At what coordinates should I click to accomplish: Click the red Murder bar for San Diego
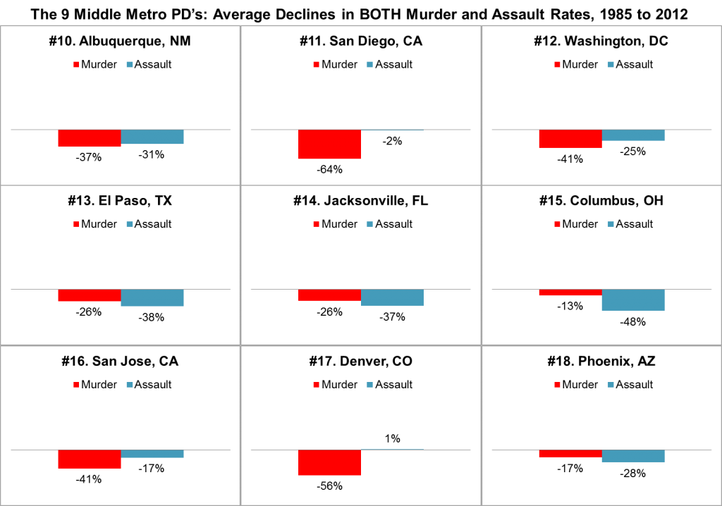pos(329,144)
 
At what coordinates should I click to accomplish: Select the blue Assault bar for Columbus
pos(633,300)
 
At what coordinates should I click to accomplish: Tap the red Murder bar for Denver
pos(329,462)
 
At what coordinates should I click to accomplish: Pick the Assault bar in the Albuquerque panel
pos(152,137)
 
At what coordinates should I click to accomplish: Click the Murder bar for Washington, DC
pos(570,139)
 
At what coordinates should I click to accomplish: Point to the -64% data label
pos(329,169)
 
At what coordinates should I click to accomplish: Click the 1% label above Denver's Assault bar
pos(392,439)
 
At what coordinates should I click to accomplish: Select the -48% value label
pos(632,322)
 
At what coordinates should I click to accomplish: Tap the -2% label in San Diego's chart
pos(392,141)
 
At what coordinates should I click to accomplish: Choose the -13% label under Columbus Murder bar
pos(570,306)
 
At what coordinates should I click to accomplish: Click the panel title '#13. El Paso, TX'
pos(120,201)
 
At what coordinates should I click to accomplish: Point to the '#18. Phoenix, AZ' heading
pos(601,361)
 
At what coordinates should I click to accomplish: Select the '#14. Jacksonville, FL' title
pos(360,201)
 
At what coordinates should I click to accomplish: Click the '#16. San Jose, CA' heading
pos(120,361)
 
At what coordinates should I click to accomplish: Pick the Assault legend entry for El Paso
pos(149,224)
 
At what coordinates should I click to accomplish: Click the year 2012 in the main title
pos(671,14)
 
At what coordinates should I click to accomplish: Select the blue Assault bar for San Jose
pos(152,454)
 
